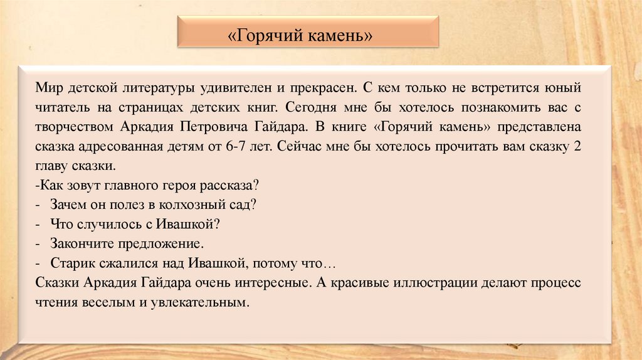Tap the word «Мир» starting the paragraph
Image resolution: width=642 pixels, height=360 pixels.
48,85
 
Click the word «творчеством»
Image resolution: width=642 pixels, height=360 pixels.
75,125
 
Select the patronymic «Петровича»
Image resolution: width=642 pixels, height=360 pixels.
216,125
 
